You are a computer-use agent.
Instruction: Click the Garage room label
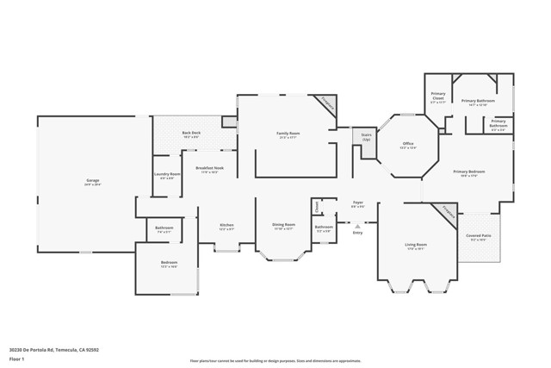(x=92, y=182)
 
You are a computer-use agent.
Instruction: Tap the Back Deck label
(x=190, y=134)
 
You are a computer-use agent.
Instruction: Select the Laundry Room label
(x=167, y=176)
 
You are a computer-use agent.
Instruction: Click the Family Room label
(x=288, y=134)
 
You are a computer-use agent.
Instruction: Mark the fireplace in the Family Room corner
(x=327, y=103)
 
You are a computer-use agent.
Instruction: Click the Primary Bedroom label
(x=469, y=173)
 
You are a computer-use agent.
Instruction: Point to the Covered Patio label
(x=479, y=237)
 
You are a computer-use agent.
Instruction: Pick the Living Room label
(x=417, y=246)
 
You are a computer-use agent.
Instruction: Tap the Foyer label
(x=358, y=204)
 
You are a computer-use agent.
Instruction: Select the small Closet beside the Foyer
(x=316, y=206)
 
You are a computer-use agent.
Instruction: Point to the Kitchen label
(x=226, y=228)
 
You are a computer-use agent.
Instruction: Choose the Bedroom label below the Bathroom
(x=169, y=265)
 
